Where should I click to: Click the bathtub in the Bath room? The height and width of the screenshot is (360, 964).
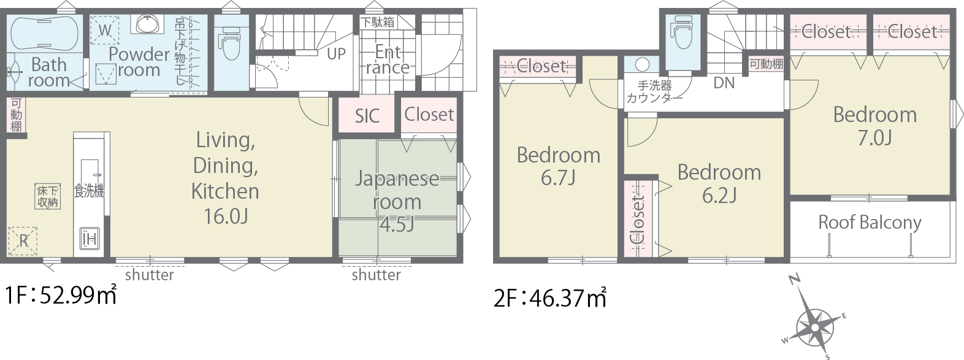(44, 34)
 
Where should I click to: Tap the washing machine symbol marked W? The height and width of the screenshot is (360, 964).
(105, 30)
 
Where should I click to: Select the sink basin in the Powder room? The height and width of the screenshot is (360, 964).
(150, 24)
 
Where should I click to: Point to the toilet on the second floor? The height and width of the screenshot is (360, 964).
(683, 33)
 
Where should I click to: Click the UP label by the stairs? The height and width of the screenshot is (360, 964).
(336, 54)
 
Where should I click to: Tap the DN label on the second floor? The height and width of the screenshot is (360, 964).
(724, 83)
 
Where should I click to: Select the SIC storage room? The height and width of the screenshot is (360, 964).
(367, 115)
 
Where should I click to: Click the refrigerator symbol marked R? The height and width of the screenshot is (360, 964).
(23, 241)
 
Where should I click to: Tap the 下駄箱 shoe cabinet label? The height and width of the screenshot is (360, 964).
(377, 22)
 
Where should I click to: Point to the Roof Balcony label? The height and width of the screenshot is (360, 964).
(870, 222)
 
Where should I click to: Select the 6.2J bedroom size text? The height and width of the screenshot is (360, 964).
(719, 195)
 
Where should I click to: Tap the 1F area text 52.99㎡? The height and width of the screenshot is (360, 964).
(61, 296)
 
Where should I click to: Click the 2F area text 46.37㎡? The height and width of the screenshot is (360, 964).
(550, 297)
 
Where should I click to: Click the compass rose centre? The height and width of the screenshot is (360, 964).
(814, 327)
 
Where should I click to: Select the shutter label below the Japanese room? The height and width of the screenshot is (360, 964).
(376, 275)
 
